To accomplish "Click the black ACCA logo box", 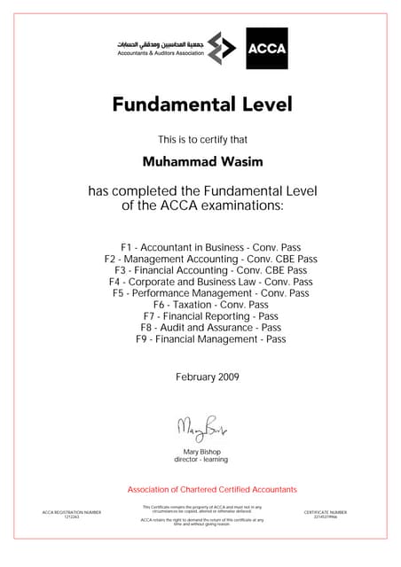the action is (266, 48).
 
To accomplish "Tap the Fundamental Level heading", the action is (201, 105).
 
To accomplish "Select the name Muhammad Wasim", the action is (201, 162).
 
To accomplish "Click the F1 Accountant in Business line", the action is (201, 246).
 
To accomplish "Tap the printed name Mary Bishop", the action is (201, 452).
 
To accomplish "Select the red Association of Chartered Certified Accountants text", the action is (212, 490).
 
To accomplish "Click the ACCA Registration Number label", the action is (72, 512).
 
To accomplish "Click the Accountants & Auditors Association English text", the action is (161, 53).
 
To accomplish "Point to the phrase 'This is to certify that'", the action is (202, 139).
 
